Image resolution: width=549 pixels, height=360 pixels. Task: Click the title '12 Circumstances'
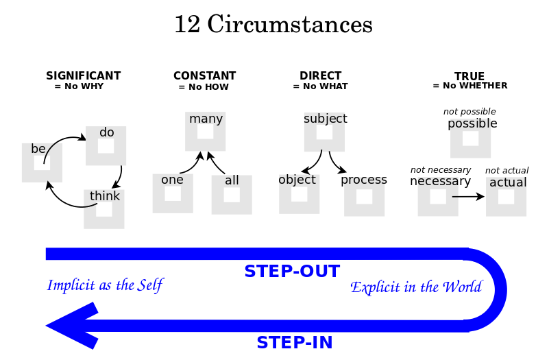273,25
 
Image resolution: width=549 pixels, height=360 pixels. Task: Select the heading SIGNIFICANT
83,76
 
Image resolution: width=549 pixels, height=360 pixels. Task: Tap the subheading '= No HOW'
204,87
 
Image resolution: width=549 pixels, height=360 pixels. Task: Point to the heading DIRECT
320,76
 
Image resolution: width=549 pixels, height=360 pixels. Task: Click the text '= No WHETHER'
469,86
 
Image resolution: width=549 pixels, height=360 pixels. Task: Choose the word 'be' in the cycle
38,149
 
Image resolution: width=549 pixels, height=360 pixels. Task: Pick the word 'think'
105,196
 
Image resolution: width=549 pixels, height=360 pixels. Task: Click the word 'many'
206,119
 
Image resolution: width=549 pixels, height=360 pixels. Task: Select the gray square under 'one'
173,194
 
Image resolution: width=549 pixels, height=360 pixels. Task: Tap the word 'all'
232,180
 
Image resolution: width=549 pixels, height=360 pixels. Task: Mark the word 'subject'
325,119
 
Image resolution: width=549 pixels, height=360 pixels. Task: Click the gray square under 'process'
364,197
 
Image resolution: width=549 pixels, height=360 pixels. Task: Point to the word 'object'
297,180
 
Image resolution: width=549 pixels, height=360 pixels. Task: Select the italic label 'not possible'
469,112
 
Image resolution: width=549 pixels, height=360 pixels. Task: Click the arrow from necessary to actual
468,197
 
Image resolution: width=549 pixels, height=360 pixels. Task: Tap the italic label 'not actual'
507,171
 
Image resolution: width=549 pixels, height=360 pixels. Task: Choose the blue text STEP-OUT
292,272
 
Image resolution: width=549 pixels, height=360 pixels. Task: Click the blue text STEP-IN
294,343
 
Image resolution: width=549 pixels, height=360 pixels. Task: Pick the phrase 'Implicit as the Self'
105,285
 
